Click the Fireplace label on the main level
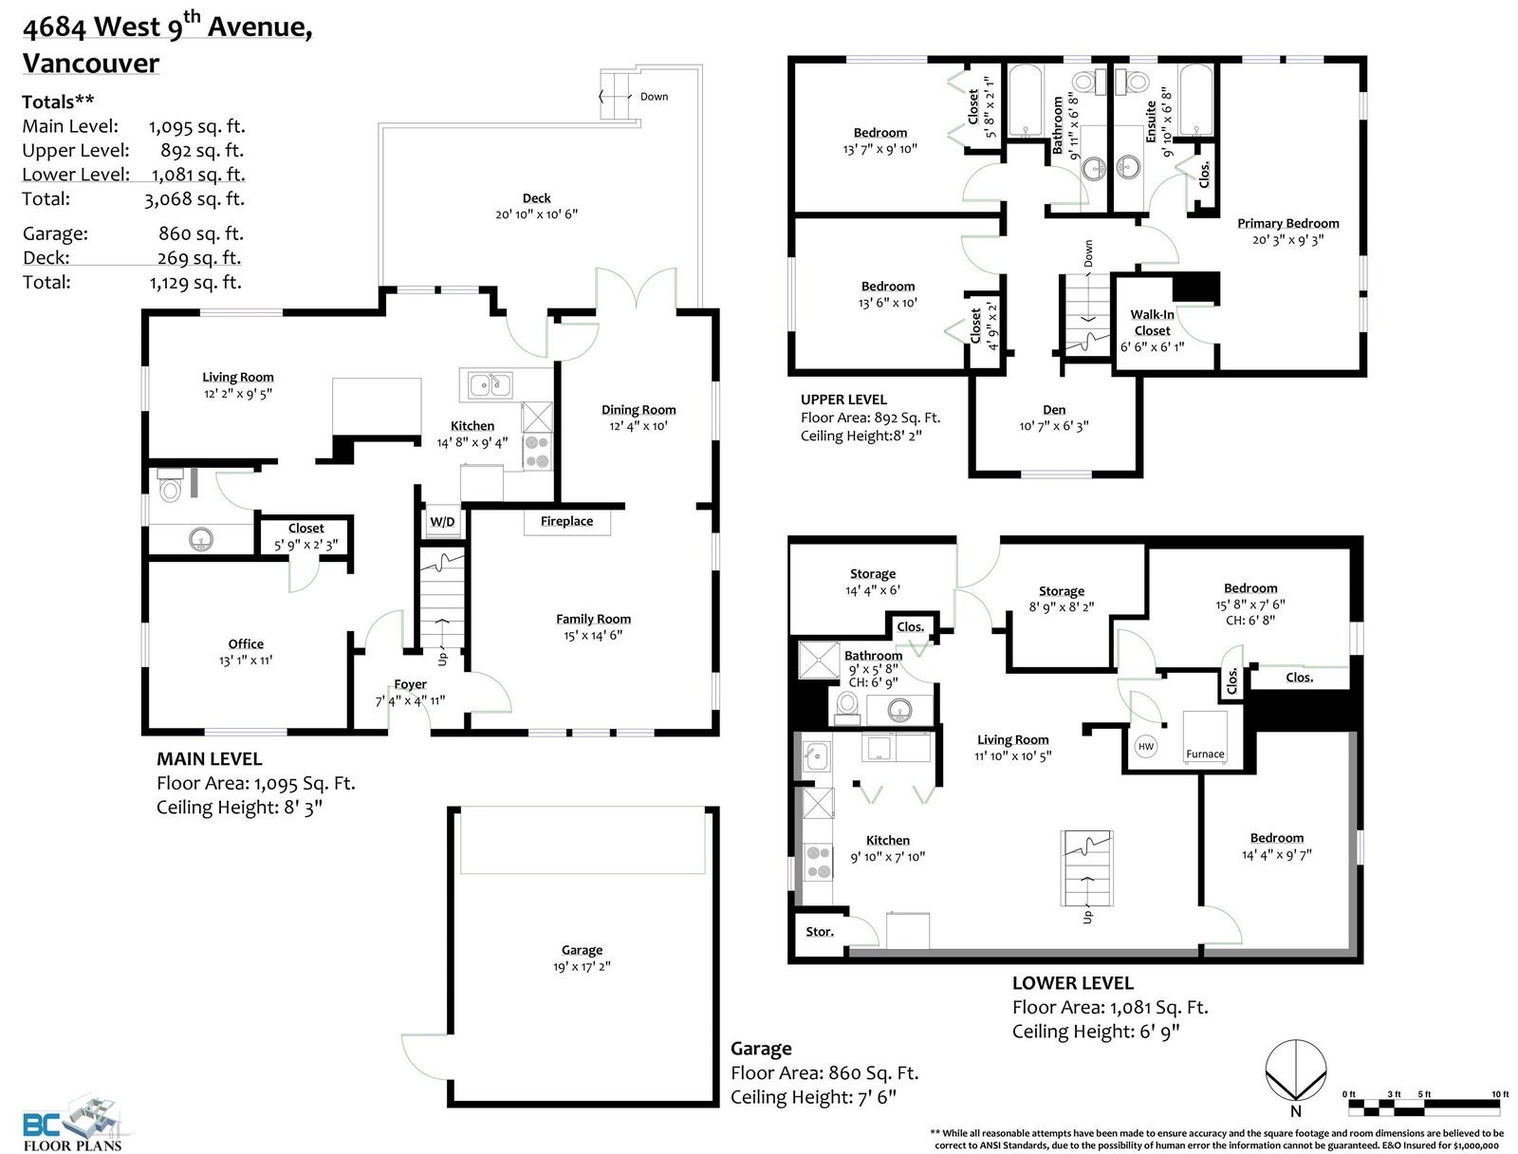pyautogui.click(x=566, y=521)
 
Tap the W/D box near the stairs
pyautogui.click(x=442, y=522)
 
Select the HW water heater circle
pyautogui.click(x=1146, y=746)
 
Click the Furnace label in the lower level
pyautogui.click(x=1205, y=754)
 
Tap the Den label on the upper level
pyautogui.click(x=1054, y=410)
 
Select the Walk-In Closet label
pyautogui.click(x=1152, y=323)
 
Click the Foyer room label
pyautogui.click(x=410, y=684)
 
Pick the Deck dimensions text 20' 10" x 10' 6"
pyautogui.click(x=536, y=214)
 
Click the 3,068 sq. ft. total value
pyautogui.click(x=194, y=199)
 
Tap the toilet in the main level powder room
pyautogui.click(x=170, y=484)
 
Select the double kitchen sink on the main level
pyautogui.click(x=491, y=385)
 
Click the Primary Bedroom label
pyautogui.click(x=1287, y=223)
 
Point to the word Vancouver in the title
pyautogui.click(x=90, y=63)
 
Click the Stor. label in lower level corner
pyautogui.click(x=820, y=932)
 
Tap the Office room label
pyautogui.click(x=246, y=643)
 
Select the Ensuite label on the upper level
pyautogui.click(x=1151, y=122)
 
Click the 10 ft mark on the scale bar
pyautogui.click(x=1500, y=1094)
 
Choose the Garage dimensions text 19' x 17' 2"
pyautogui.click(x=582, y=967)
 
